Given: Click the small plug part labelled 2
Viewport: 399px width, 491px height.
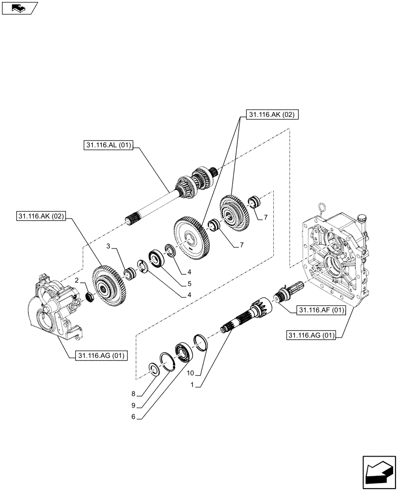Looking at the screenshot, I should [x=90, y=296].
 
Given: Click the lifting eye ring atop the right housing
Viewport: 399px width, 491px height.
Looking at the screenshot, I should [x=322, y=209].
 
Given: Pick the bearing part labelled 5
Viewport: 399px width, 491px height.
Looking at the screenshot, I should [x=157, y=258].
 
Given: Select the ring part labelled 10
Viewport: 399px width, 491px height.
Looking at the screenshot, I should [x=201, y=342].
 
